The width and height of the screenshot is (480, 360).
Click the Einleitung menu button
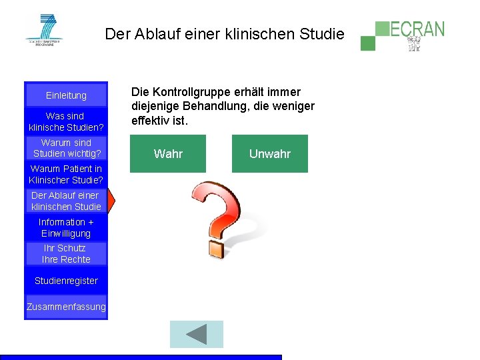pos(66,95)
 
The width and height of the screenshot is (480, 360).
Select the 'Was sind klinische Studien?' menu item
pos(66,121)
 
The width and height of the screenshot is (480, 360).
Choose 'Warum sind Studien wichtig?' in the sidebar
pos(66,148)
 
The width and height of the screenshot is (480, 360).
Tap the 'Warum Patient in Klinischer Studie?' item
pos(66,175)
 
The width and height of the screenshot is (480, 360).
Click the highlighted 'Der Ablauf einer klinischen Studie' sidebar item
pos(66,201)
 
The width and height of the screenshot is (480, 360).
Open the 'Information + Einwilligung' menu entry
pos(66,227)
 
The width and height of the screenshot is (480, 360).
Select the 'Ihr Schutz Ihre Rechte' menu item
pos(66,253)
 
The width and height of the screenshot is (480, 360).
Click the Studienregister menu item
pos(66,281)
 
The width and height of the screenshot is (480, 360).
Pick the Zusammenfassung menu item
pos(66,307)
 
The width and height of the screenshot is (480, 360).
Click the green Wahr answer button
pos(168,154)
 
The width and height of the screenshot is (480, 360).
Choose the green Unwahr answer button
pos(270,154)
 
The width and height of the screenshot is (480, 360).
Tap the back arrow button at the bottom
pos(197,334)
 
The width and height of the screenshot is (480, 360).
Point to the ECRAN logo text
pos(417,29)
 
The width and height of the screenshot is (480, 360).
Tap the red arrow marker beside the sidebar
pos(112,200)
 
